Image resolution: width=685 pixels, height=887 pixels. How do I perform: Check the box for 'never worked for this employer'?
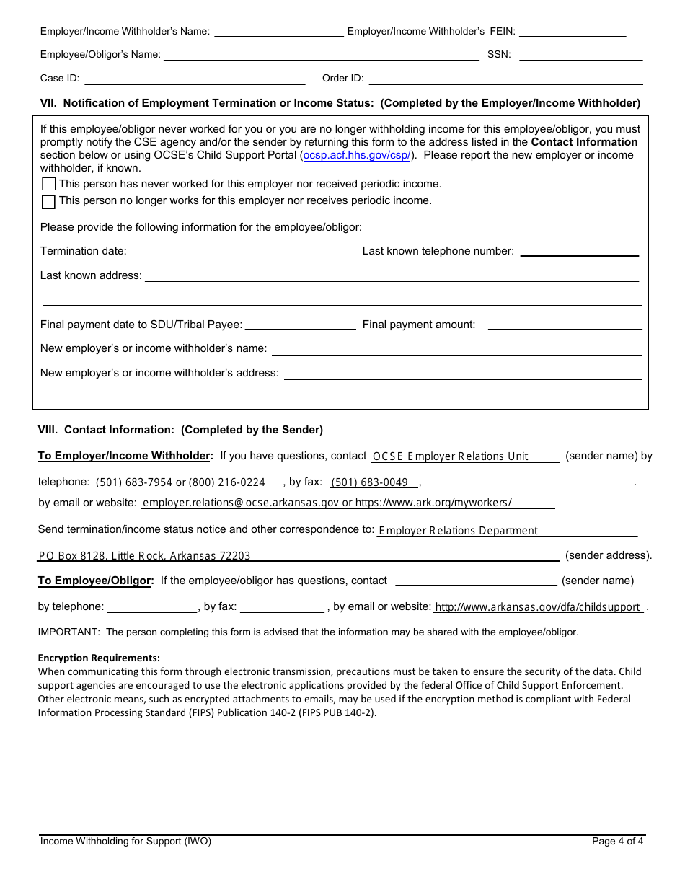coord(48,184)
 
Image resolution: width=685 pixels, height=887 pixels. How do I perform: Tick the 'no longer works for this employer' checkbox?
coord(48,201)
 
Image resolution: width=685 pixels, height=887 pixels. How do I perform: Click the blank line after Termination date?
coord(243,251)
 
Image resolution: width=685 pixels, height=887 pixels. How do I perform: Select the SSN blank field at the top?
coord(580,55)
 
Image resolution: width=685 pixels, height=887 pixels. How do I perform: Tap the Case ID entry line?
coord(195,79)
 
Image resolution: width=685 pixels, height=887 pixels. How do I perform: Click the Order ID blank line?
coord(505,79)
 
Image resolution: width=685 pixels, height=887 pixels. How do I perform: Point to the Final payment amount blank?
coord(565,325)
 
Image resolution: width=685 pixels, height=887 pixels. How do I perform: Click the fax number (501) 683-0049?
coord(369,482)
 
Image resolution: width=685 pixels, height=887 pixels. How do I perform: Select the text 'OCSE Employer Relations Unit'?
coord(450,456)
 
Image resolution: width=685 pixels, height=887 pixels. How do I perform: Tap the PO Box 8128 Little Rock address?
coord(144,556)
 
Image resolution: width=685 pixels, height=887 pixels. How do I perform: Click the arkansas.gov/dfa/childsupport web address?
coord(538,607)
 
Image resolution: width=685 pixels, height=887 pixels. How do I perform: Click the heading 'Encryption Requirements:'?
coord(99,658)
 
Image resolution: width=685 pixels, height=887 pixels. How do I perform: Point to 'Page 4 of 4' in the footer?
coord(617,841)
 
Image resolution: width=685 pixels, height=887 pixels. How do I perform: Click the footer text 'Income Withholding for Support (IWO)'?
coord(125,841)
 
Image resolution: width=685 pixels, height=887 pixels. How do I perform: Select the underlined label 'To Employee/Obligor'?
coord(95,581)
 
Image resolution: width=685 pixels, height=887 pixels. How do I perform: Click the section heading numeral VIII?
coord(48,430)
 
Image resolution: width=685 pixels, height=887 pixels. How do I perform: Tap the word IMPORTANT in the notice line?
coord(68,632)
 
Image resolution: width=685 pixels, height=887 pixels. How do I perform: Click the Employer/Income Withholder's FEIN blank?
coord(573,31)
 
